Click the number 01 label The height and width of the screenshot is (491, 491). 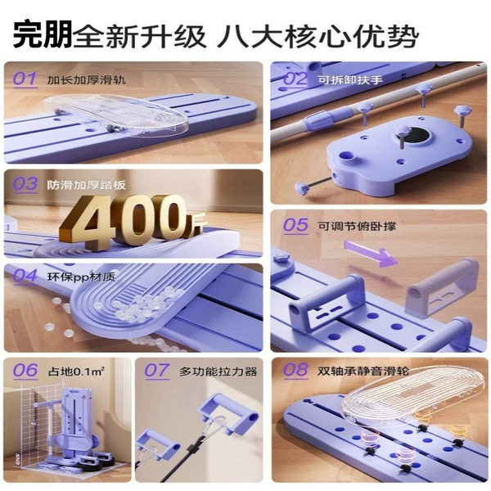tap(25, 79)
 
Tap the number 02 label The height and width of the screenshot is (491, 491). tap(295, 79)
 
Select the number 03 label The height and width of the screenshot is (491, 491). tap(25, 183)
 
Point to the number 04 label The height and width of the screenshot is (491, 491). tap(25, 276)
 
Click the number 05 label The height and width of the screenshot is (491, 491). tap(295, 225)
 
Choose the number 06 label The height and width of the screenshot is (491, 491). tap(25, 371)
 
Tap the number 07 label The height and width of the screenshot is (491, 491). tap(157, 371)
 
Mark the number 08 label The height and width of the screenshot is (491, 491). tap(295, 370)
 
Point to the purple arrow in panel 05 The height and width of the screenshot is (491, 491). tap(371, 254)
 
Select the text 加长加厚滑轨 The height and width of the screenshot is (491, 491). tap(87, 80)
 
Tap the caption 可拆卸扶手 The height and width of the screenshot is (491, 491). tap(350, 80)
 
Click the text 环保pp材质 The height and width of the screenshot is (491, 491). tap(81, 277)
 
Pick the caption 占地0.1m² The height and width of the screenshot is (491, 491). tap(76, 372)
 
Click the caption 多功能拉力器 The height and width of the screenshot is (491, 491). tap(218, 372)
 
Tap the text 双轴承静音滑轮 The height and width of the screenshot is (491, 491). tap(363, 371)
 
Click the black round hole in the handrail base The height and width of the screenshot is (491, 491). tap(415, 136)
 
